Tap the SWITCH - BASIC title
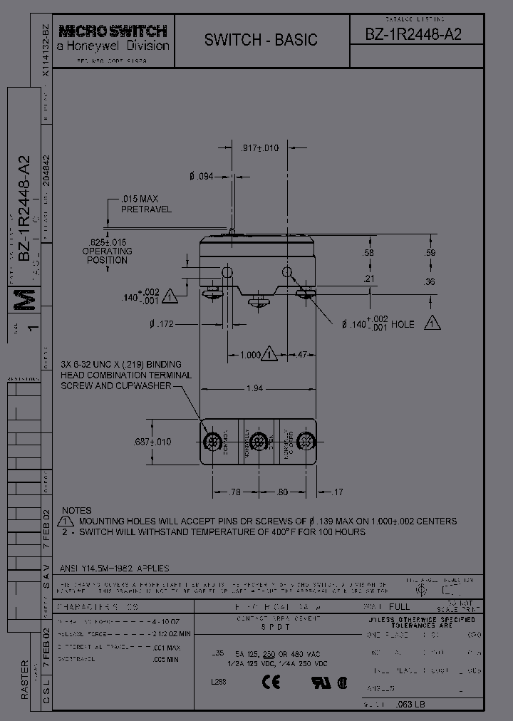[x=261, y=40]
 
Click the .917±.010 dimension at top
[x=260, y=148]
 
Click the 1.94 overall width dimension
[x=253, y=389]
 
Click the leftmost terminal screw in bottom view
[x=212, y=442]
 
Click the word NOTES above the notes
[x=77, y=511]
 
